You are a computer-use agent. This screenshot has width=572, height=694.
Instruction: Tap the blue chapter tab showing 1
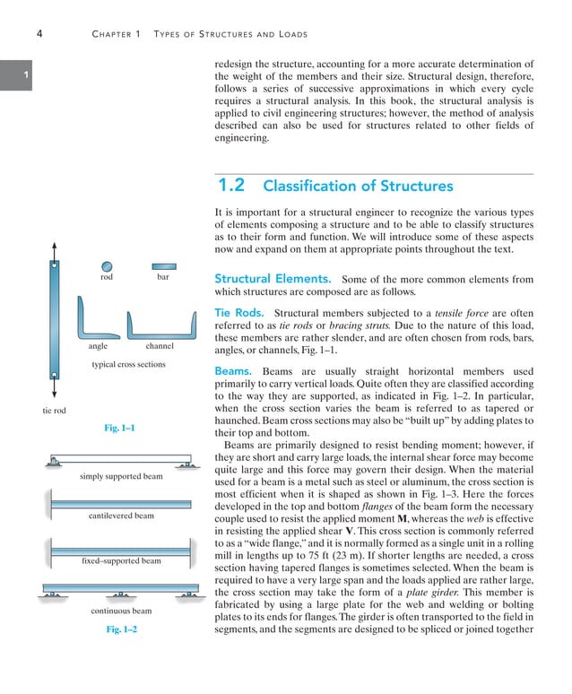click(x=10, y=75)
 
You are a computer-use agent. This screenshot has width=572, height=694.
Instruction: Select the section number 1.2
click(x=232, y=186)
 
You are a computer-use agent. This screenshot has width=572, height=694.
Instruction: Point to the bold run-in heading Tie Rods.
click(x=238, y=313)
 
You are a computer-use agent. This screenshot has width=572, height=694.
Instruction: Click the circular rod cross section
click(x=107, y=266)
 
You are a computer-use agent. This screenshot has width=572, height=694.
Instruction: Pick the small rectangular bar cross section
click(x=163, y=266)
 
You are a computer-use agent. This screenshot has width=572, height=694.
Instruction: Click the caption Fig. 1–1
click(x=119, y=429)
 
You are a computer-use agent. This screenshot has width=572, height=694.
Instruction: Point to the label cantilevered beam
click(x=121, y=516)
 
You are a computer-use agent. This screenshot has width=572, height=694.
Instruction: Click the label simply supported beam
click(x=121, y=476)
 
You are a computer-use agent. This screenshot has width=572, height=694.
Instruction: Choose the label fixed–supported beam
click(x=121, y=560)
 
